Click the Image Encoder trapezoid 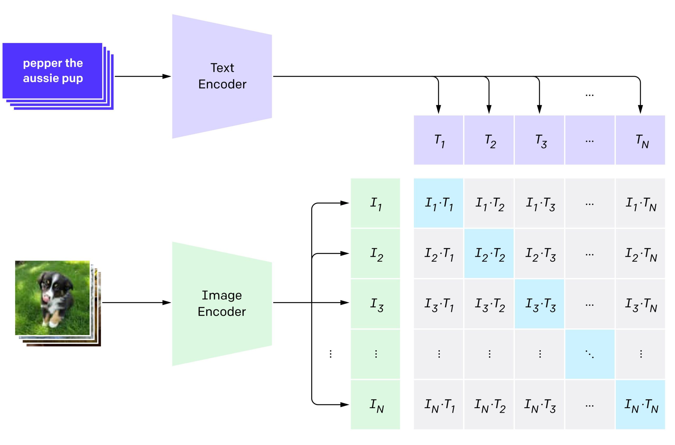point(222,304)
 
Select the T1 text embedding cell point(438,140)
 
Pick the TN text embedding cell point(640,140)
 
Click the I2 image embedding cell point(375,253)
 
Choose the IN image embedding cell point(375,404)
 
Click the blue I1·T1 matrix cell point(438,203)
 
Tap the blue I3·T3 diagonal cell point(539,304)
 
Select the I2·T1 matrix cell point(438,253)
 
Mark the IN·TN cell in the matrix point(640,404)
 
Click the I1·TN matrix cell point(640,203)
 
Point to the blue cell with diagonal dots point(590,354)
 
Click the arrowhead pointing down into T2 point(489,109)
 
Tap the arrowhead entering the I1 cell point(344,203)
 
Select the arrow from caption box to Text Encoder point(142,76)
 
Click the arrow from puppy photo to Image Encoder point(136,303)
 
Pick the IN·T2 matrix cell point(489,404)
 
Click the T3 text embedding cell point(539,140)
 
